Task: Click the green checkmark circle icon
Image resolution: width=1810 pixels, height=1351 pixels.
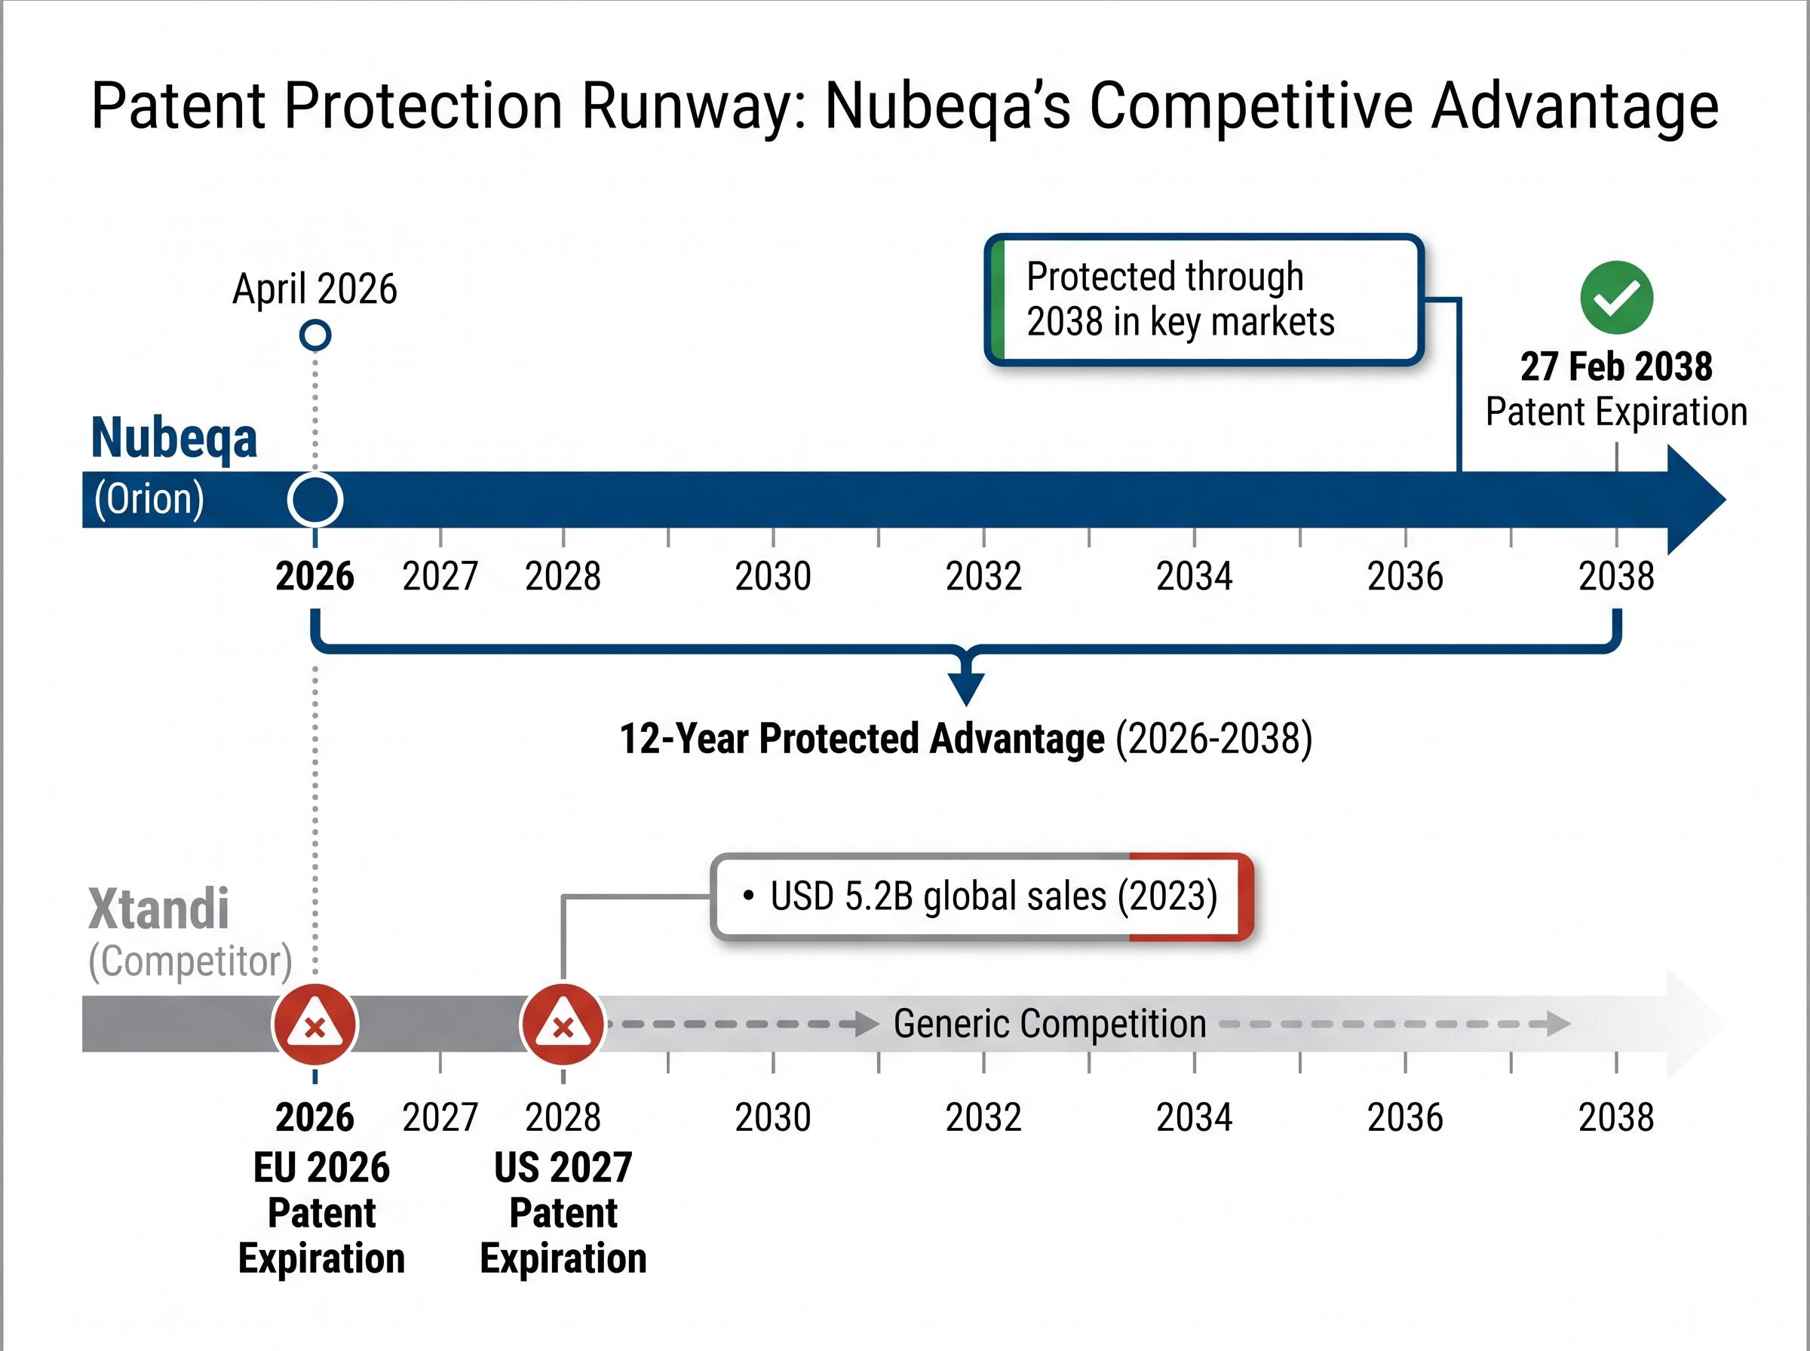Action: tap(1616, 298)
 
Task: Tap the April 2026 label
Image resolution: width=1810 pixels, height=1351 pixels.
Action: tap(315, 289)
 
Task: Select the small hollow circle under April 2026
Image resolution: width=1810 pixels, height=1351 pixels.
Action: tap(315, 335)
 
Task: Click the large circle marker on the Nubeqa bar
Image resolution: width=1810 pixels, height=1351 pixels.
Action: tap(315, 500)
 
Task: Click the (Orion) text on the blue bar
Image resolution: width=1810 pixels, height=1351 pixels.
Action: tap(149, 499)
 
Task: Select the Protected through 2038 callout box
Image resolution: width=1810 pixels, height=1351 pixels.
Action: tap(1204, 299)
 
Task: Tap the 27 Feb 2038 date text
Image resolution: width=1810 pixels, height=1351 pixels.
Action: tap(1616, 366)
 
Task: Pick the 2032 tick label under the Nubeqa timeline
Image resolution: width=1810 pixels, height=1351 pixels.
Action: tap(983, 577)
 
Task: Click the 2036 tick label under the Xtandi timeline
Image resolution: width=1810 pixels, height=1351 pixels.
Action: tap(1405, 1118)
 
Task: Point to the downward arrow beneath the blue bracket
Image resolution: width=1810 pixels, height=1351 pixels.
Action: tap(967, 685)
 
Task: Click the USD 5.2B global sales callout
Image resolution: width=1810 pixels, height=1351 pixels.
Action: tap(981, 896)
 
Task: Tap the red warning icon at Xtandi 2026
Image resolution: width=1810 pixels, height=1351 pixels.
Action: tap(315, 1025)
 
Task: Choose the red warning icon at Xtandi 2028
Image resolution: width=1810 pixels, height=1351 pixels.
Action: tap(563, 1025)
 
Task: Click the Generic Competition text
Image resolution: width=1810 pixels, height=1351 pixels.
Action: tap(1049, 1024)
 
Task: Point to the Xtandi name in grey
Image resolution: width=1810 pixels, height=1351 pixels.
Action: tap(158, 908)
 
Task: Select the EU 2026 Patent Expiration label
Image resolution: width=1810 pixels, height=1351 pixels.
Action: tap(321, 1212)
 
